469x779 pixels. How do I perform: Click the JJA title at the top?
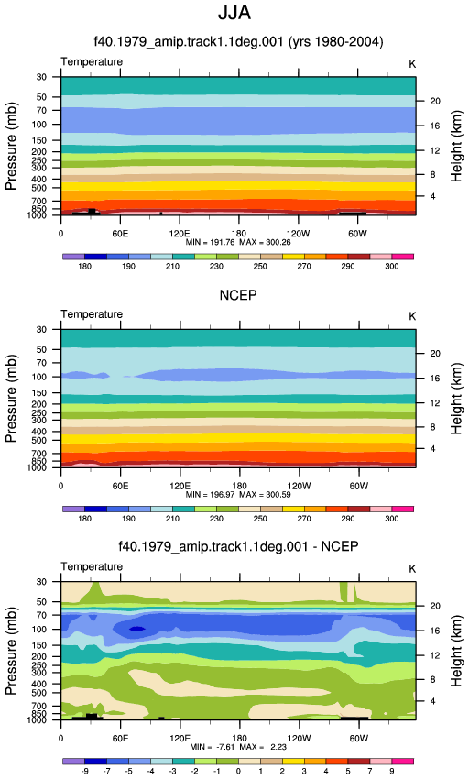(234, 13)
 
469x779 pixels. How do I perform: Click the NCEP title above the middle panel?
(238, 295)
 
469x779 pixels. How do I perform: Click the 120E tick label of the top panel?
(180, 234)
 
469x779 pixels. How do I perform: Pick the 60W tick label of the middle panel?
(358, 486)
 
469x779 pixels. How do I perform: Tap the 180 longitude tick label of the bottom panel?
(239, 739)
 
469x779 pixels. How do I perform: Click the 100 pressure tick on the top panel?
(38, 125)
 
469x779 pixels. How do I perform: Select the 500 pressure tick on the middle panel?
(38, 441)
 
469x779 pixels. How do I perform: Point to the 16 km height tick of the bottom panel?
(435, 631)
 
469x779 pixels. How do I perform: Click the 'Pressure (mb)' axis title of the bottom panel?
(11, 651)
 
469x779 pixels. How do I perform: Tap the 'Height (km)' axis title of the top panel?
(456, 146)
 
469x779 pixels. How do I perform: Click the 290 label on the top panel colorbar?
(348, 267)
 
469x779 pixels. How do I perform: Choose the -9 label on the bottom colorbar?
(85, 771)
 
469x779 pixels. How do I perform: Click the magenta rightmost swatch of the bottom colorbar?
(402, 761)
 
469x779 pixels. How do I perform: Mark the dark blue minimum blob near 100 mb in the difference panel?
(137, 629)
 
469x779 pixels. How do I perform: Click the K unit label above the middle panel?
(412, 317)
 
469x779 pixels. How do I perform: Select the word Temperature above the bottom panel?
(92, 567)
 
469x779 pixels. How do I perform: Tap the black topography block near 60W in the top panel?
(353, 214)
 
